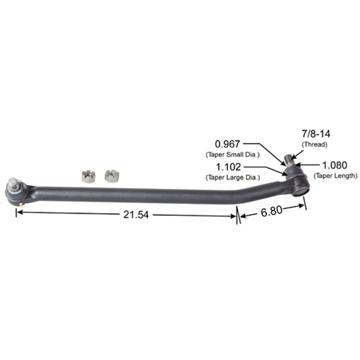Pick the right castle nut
(x=110, y=176)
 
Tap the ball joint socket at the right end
(x=298, y=182)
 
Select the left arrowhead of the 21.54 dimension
(x=19, y=212)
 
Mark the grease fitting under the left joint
(x=21, y=203)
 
